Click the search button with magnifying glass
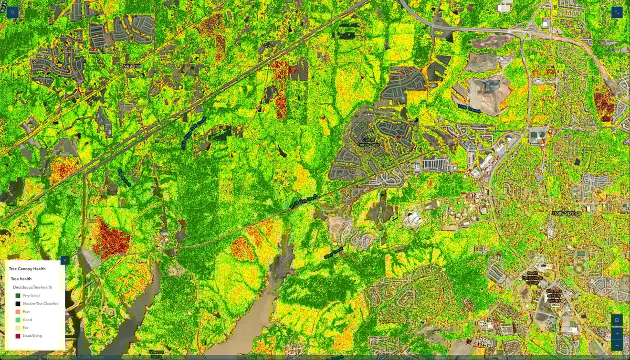point(13,13)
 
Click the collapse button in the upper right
point(616,13)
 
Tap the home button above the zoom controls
point(616,320)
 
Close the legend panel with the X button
point(64,260)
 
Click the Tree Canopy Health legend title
point(27,269)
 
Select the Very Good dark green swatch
point(17,295)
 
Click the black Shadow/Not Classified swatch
point(17,303)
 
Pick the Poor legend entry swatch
point(17,312)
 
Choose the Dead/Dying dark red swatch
point(17,336)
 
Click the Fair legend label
point(26,327)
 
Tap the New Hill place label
point(132,66)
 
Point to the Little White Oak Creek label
point(193,133)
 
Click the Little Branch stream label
point(469,107)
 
